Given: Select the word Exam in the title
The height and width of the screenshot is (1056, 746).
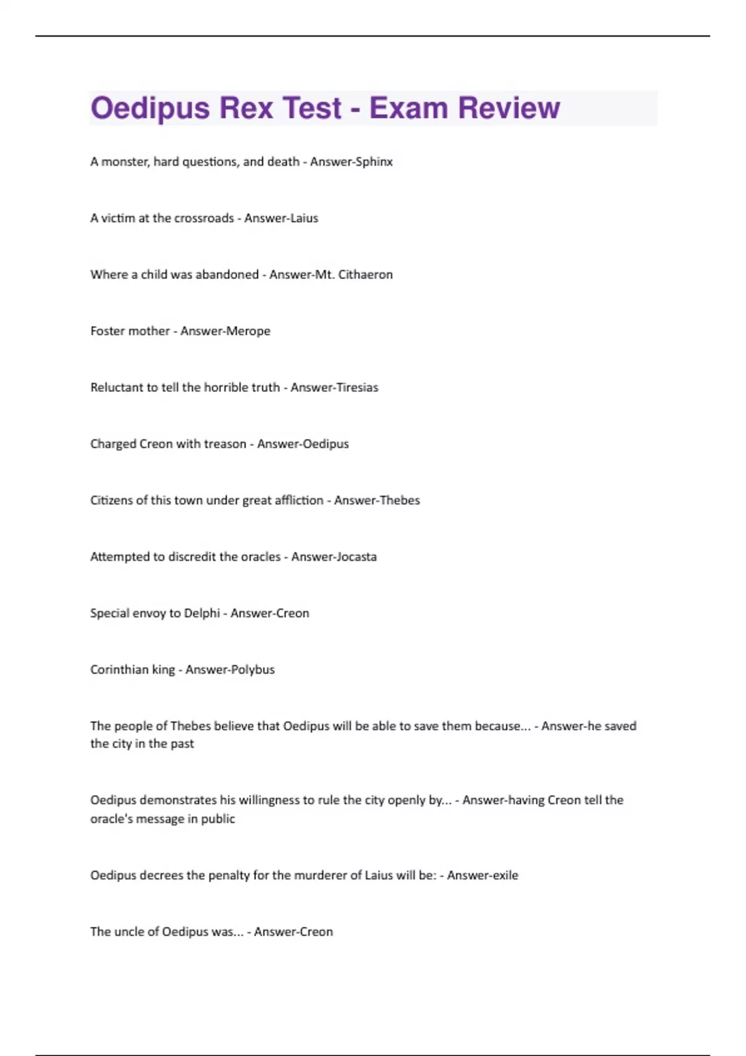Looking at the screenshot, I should tap(408, 108).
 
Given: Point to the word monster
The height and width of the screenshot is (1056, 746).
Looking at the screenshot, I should tap(124, 162).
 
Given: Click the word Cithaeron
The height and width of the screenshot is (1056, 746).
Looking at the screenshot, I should tap(365, 275).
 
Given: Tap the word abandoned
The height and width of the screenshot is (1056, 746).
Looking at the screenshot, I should tap(227, 275).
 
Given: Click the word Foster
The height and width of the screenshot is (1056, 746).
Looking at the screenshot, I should tap(108, 331).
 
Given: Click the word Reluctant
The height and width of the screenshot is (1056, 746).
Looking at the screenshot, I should tap(116, 388).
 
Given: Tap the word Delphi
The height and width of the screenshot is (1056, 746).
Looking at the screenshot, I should tap(202, 614).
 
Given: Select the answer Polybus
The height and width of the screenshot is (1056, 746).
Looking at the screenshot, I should tap(252, 670).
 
